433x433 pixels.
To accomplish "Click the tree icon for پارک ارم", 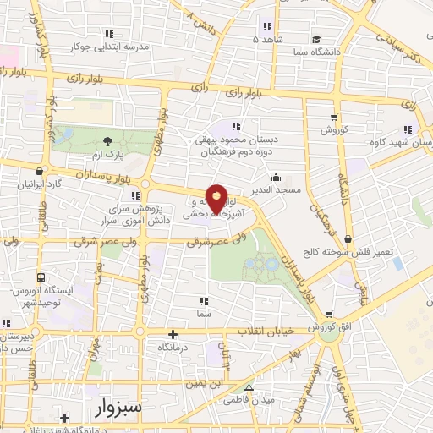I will point(107,141).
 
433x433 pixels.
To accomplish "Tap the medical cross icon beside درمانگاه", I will point(173,334).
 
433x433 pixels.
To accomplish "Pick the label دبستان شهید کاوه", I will point(401,142).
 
